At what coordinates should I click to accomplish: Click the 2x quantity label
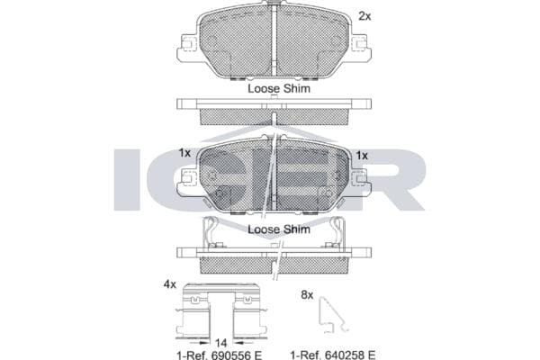tap(364, 16)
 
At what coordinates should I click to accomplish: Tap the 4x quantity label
tap(170, 284)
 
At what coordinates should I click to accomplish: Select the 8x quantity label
tap(307, 294)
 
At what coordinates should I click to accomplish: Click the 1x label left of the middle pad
tap(184, 153)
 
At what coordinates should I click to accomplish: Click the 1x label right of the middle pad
tap(362, 156)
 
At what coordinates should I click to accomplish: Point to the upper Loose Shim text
tap(279, 88)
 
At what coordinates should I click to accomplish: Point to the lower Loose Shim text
tap(279, 229)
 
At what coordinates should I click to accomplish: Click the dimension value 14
tap(220, 343)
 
